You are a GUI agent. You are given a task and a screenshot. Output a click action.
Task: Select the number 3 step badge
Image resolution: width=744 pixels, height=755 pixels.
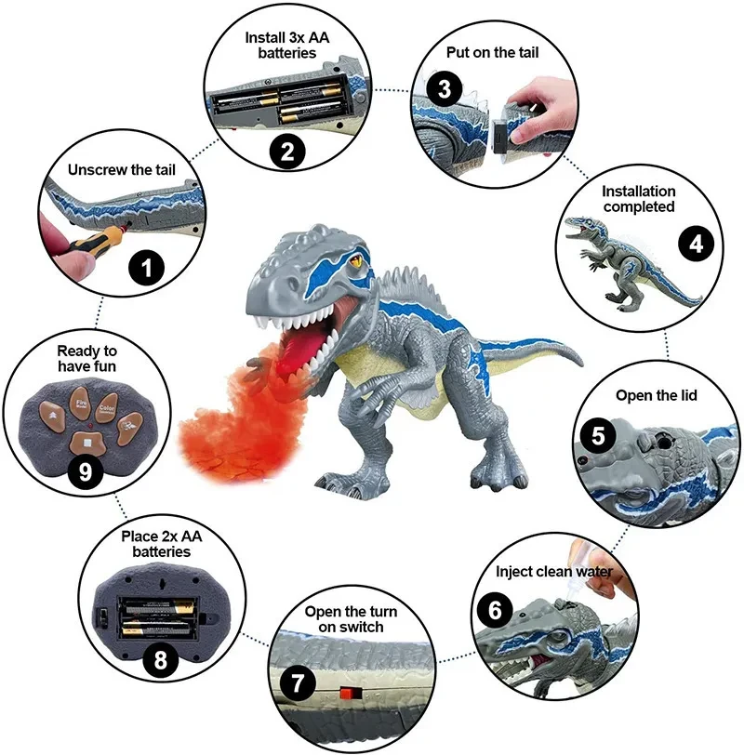click(x=446, y=88)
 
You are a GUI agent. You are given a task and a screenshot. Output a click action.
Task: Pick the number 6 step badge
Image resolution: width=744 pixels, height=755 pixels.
click(x=496, y=610)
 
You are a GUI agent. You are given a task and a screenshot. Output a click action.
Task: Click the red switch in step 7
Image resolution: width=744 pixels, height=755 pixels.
click(x=351, y=693)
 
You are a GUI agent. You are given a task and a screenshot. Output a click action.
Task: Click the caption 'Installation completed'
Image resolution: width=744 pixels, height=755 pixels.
click(x=638, y=199)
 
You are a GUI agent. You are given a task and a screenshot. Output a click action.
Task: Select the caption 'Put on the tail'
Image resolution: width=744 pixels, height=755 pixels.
click(x=492, y=53)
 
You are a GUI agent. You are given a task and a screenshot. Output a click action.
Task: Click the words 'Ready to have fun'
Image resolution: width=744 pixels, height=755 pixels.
click(x=86, y=358)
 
